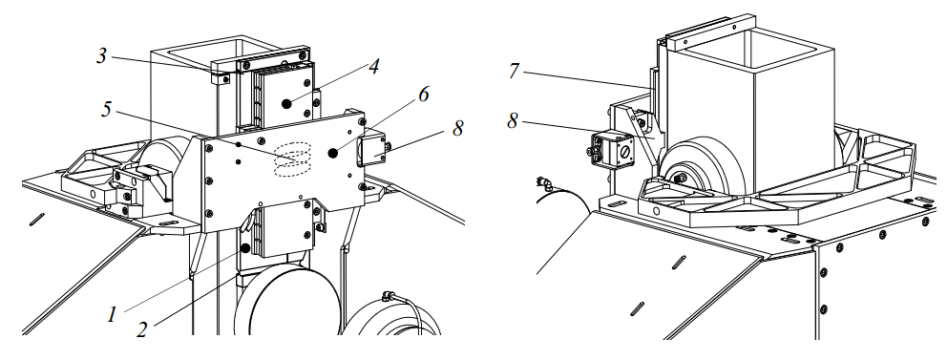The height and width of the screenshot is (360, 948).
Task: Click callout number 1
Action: [112, 314]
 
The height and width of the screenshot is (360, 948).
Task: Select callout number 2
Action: [142, 329]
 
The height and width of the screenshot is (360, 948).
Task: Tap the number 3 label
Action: [101, 56]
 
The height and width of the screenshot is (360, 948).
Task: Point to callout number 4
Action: [375, 67]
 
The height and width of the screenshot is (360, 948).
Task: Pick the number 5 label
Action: [106, 110]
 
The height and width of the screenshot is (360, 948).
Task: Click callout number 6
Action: [423, 94]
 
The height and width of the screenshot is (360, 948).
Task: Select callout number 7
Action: [514, 72]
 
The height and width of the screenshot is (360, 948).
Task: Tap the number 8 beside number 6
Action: [457, 128]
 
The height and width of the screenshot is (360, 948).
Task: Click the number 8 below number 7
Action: [513, 121]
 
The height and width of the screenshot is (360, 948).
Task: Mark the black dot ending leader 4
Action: [286, 103]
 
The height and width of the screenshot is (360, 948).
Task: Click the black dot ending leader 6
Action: [332, 153]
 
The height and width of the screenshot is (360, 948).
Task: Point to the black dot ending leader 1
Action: [245, 248]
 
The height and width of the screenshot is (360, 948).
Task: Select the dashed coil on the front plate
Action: [293, 159]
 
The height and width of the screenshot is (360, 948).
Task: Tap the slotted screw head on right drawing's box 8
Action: [624, 148]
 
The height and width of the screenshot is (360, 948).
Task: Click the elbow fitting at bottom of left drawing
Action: [388, 297]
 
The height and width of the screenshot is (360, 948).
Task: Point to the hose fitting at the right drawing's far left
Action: [545, 182]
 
